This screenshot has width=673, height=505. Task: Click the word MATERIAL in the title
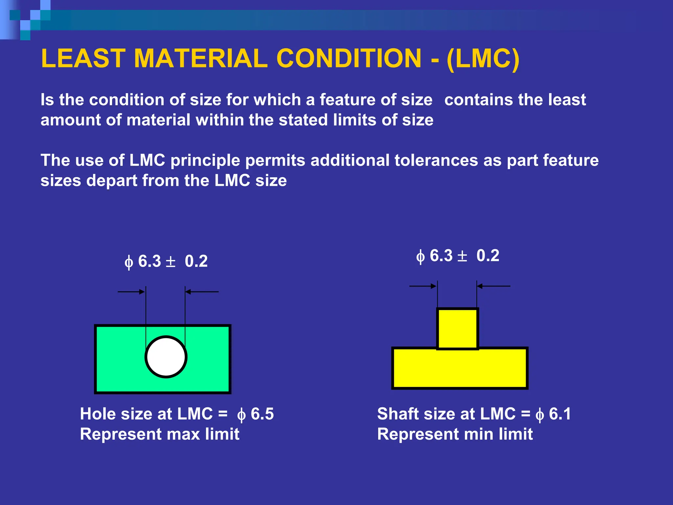tap(200, 59)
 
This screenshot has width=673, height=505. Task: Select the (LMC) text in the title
tap(483, 59)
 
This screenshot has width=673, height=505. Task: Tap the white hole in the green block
tap(166, 357)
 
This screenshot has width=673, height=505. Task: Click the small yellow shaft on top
tap(457, 328)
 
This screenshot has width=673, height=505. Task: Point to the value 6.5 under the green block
tap(262, 414)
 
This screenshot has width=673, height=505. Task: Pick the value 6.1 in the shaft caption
tap(560, 414)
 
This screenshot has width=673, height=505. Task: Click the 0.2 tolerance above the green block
tap(196, 262)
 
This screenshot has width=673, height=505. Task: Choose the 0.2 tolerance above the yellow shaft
tap(488, 256)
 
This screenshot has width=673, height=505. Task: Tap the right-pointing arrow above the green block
tap(131, 292)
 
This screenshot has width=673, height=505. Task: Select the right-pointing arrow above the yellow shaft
tap(423, 286)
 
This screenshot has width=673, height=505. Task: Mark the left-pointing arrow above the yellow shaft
tap(493, 286)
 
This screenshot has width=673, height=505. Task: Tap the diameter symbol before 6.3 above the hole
tap(129, 262)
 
